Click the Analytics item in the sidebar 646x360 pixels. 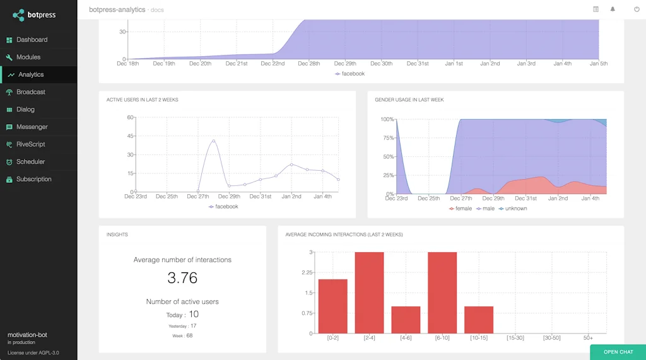coord(31,74)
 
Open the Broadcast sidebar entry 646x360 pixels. coord(31,92)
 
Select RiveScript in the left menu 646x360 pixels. coord(31,144)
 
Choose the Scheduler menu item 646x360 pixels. coord(31,162)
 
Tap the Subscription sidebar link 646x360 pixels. coord(33,179)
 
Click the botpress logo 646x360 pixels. coord(35,15)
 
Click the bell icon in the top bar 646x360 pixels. coord(613,9)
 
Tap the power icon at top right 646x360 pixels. coord(637,9)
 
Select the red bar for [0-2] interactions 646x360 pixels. coord(332,306)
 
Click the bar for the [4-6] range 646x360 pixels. coord(406,320)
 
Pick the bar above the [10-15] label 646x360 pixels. coord(479,320)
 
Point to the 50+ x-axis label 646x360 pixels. coord(588,338)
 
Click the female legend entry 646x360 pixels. coord(461,209)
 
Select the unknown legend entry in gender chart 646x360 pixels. coord(512,209)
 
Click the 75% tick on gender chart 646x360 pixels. coord(387,138)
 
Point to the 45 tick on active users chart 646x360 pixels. coord(131,136)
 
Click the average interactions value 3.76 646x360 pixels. coord(182,277)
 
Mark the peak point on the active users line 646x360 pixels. coord(214,141)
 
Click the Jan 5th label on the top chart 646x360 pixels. coord(598,64)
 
